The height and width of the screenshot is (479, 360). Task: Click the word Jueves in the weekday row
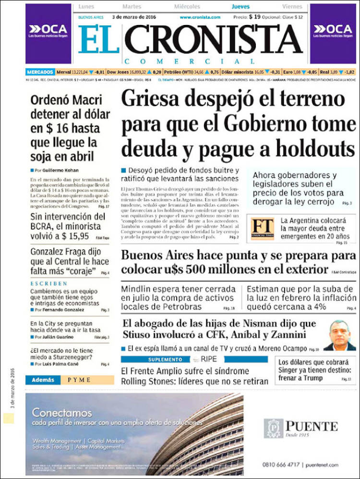click(x=240, y=7)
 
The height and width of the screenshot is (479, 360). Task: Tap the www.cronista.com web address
click(x=200, y=17)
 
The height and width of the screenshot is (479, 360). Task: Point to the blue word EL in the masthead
click(x=98, y=39)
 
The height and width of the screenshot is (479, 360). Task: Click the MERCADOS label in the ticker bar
click(x=39, y=71)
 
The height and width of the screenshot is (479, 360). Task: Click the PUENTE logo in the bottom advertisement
click(x=301, y=426)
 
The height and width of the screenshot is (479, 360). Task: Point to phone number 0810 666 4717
click(x=281, y=465)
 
